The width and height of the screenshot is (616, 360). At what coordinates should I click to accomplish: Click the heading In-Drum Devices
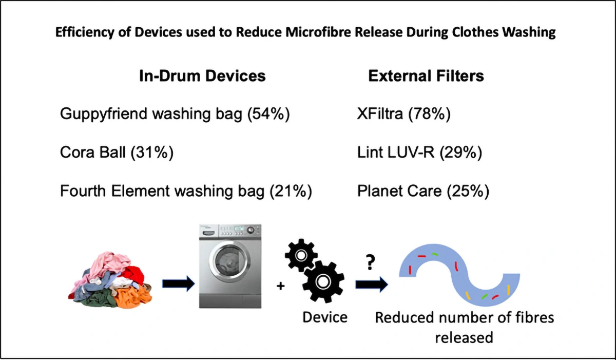[202, 76]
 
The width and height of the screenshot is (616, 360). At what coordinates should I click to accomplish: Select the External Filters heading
[426, 76]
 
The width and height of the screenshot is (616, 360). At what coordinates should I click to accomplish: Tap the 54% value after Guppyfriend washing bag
[268, 114]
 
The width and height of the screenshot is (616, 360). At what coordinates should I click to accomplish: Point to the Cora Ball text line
[117, 153]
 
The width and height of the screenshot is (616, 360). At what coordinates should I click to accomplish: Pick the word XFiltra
[380, 114]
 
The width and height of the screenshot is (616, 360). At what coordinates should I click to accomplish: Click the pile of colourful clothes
[110, 280]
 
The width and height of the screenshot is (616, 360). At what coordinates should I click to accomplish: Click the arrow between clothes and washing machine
[179, 283]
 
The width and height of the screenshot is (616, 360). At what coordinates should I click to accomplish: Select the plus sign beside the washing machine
[280, 286]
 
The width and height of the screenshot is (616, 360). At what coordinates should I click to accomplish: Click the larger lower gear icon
[323, 281]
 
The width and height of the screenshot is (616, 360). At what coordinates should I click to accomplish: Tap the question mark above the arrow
[371, 262]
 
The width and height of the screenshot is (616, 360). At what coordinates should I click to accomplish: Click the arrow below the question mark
[372, 285]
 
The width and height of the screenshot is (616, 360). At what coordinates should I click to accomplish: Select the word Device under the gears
[325, 317]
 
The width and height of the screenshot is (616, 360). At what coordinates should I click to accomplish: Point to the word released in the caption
[464, 337]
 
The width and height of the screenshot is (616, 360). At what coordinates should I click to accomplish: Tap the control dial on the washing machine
[251, 230]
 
